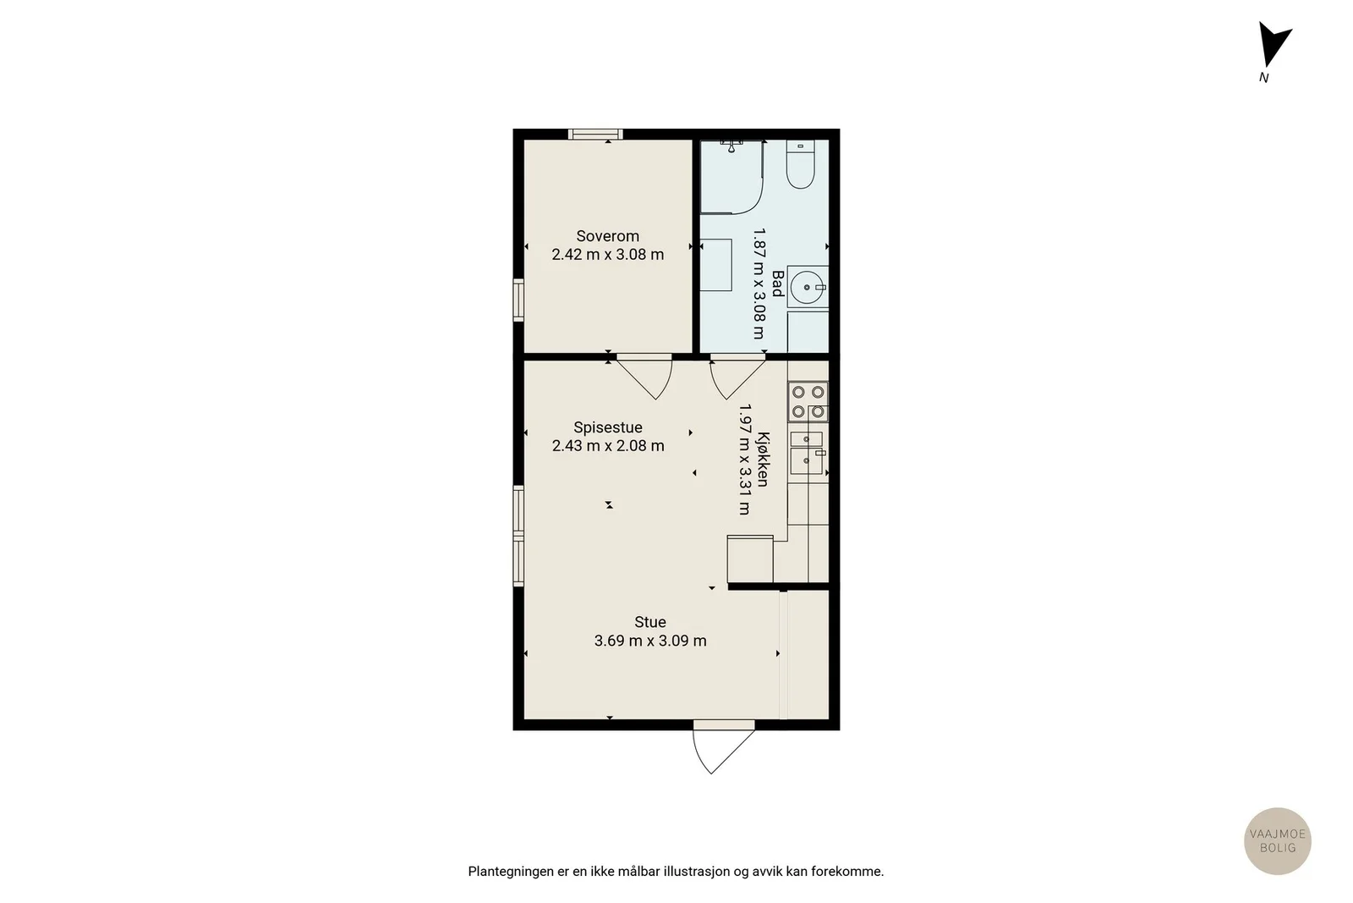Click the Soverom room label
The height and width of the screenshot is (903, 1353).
607,236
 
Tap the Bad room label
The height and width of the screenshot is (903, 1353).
778,284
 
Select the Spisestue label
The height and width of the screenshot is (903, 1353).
608,427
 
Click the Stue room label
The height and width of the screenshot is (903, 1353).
650,622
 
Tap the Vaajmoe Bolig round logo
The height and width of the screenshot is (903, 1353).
1278,840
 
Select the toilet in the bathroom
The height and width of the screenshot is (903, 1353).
800,164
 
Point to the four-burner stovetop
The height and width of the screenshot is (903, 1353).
808,402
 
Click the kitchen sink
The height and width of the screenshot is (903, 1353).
807,453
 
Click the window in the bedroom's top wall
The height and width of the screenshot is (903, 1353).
595,135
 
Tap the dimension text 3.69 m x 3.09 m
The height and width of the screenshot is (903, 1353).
650,641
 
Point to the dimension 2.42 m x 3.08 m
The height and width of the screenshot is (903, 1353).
608,255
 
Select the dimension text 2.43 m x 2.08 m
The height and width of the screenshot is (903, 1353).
608,446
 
